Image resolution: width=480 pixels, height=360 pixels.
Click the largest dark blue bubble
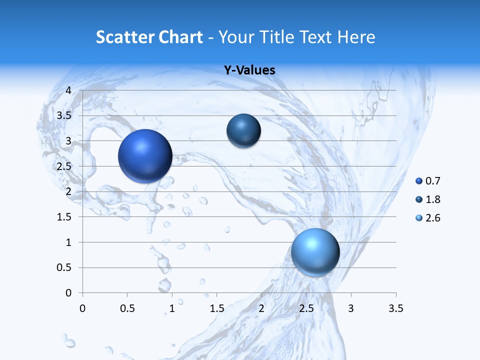(145, 156)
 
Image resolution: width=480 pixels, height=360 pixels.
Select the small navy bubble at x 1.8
(243, 131)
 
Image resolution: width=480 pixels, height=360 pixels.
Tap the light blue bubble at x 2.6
(315, 252)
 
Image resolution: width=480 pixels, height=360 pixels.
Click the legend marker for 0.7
(419, 181)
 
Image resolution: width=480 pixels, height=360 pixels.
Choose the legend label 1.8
(432, 199)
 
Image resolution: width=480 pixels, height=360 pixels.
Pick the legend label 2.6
(432, 218)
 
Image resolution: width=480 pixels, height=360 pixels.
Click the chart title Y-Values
(249, 70)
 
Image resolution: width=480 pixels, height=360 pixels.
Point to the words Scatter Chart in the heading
(149, 37)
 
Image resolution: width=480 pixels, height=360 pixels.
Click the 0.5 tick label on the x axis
(127, 308)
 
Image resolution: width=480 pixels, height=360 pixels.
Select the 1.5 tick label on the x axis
(216, 308)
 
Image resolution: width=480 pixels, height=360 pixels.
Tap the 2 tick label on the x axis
(261, 308)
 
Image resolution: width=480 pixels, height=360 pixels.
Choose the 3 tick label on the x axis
(351, 308)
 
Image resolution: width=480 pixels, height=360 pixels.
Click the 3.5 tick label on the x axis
(395, 308)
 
